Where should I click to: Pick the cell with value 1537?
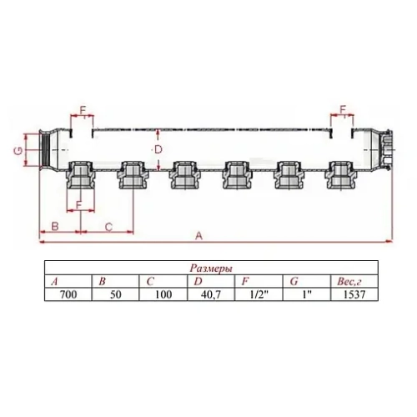coord(354,294)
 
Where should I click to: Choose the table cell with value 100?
coord(163,294)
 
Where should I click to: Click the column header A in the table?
coord(56,281)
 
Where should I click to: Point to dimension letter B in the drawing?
coord(54,226)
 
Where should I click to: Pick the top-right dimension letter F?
coord(343,109)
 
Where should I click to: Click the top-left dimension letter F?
coord(81,109)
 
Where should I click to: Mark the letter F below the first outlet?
coord(78,204)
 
